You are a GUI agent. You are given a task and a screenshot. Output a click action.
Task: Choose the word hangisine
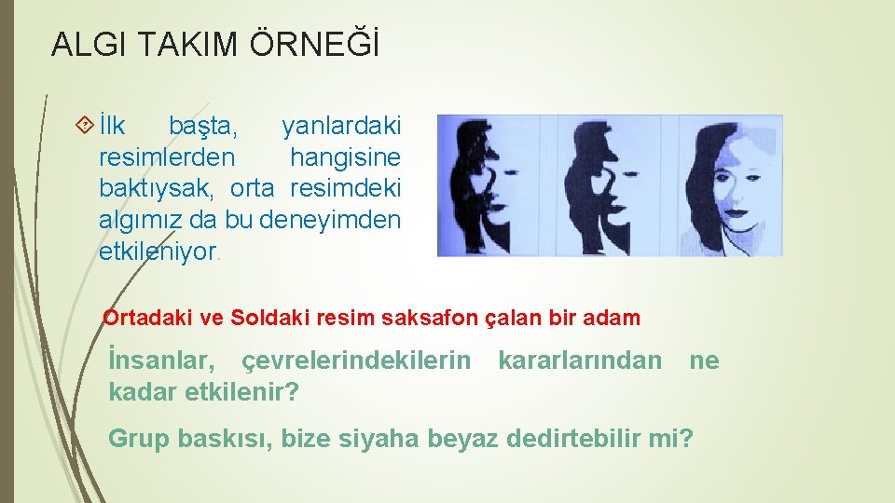coord(345,156)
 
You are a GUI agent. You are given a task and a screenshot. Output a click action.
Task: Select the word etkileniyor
coord(157,251)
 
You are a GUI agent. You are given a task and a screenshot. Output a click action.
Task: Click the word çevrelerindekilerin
coord(356,360)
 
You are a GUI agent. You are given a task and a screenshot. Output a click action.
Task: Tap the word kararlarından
coord(580,360)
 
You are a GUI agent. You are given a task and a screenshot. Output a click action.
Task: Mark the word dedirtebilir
coord(573,438)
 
